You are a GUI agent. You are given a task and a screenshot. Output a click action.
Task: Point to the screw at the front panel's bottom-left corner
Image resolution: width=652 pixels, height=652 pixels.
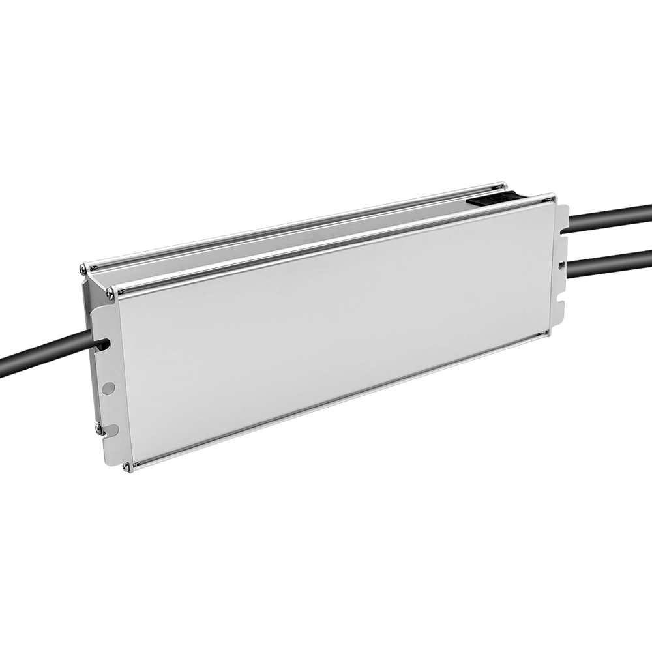[x=128, y=465]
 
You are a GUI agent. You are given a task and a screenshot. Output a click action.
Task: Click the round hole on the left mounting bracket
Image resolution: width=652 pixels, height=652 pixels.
[x=109, y=388]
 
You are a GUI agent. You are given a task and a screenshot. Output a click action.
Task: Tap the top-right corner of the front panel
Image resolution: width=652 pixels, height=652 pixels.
[x=552, y=200]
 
